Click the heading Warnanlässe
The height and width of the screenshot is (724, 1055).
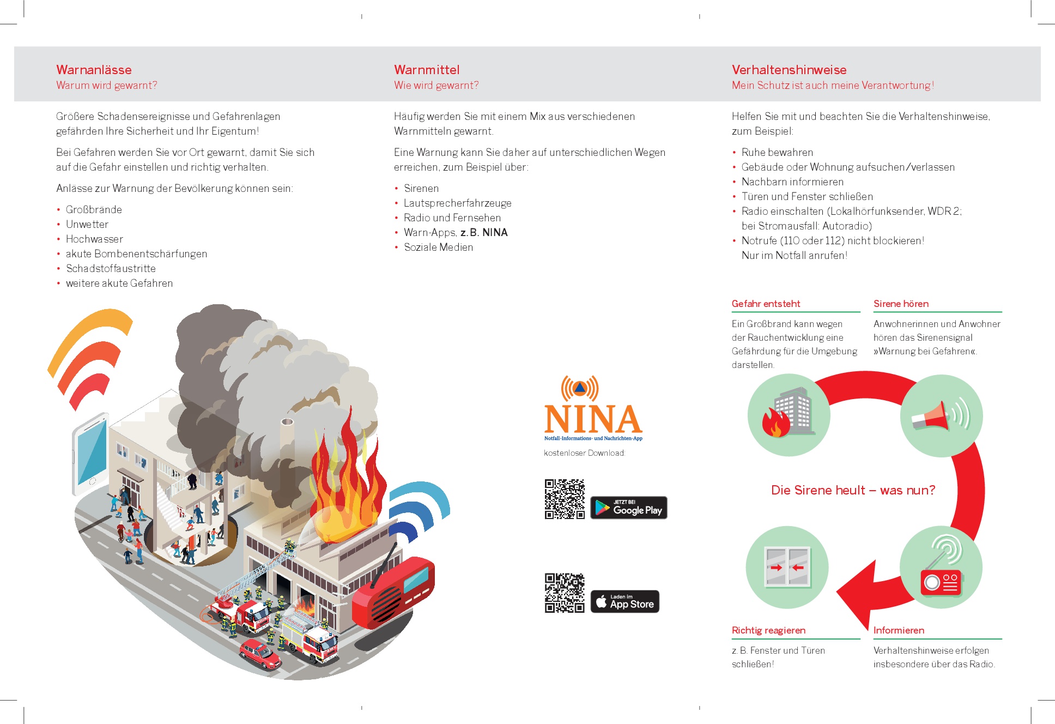coord(94,70)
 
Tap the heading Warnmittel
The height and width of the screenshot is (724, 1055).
coord(427,70)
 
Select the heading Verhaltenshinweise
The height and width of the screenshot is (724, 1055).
coord(789,70)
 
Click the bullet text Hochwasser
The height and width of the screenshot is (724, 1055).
coord(94,239)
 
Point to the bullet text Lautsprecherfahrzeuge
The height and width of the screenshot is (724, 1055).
coord(457,203)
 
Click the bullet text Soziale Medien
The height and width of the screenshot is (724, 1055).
coord(438,247)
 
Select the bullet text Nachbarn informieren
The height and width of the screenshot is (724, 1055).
coord(792,182)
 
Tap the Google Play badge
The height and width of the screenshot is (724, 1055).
coord(628,508)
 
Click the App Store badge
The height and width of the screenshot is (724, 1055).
coord(624,601)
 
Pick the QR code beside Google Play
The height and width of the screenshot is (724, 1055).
coord(565,499)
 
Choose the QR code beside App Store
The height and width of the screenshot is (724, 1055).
coord(565,593)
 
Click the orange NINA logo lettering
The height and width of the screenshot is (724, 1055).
coord(593,419)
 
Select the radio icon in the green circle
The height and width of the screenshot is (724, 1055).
coord(941,568)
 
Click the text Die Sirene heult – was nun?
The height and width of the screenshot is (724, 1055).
coord(853,490)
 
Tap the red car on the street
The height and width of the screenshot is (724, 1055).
coord(260,654)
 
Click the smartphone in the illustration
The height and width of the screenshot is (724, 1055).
coord(90,451)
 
